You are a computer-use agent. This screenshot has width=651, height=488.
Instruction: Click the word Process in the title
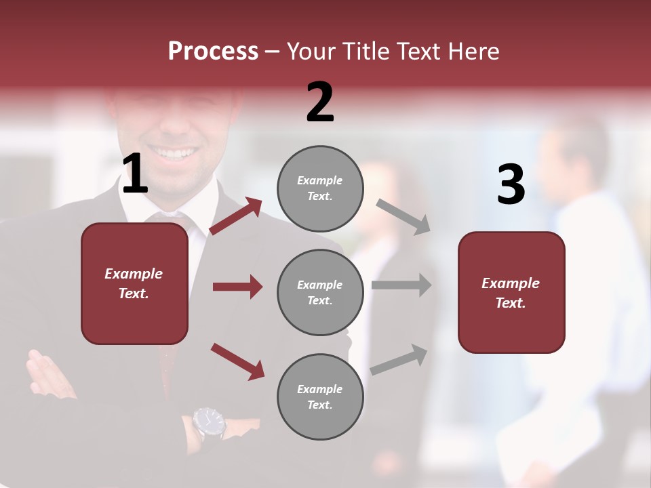coord(213,52)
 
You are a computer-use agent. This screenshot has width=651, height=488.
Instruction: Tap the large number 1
coord(135,175)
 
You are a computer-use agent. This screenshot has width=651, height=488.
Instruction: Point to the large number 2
coord(320,102)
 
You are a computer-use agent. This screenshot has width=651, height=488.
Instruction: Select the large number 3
coord(511,185)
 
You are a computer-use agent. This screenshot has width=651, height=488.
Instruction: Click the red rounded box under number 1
coord(134,283)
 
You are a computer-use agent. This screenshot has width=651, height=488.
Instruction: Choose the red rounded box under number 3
coord(511,292)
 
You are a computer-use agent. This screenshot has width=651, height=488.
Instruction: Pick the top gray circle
coord(320,188)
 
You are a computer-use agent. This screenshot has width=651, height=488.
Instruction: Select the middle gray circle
coord(320,292)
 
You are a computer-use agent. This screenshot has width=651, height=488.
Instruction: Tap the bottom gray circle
coord(320,396)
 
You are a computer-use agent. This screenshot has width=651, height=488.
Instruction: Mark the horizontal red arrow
coord(237,287)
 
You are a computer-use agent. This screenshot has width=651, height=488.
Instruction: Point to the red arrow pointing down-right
coord(237,361)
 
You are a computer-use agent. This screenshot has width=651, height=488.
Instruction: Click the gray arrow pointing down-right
coord(403,216)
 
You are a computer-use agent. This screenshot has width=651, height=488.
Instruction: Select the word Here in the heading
coord(473,52)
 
